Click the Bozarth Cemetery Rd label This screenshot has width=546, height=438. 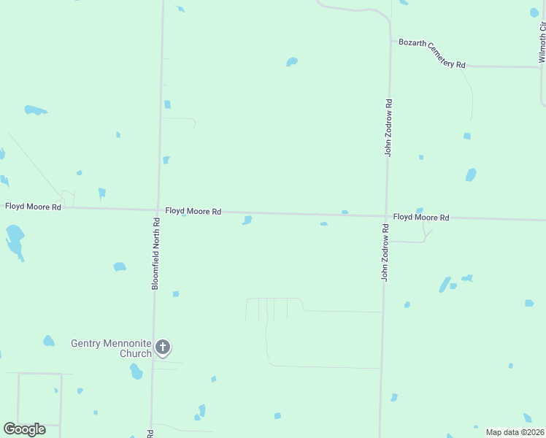[x=431, y=53]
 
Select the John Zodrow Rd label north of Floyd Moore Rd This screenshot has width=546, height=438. [x=389, y=127]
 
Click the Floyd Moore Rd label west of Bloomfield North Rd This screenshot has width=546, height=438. [x=33, y=207]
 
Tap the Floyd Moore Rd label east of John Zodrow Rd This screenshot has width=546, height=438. [x=421, y=218]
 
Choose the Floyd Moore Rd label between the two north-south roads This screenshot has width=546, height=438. [x=193, y=211]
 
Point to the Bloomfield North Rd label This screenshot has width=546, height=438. [x=155, y=253]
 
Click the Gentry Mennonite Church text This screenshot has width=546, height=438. [x=111, y=347]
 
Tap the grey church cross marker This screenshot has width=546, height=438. [x=164, y=347]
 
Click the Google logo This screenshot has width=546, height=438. [x=24, y=429]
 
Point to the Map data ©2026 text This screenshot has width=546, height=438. [x=515, y=432]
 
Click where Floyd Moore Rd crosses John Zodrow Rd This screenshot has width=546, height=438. [x=386, y=215]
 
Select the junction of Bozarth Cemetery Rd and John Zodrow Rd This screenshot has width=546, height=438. [x=390, y=40]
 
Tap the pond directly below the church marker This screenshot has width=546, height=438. [x=136, y=372]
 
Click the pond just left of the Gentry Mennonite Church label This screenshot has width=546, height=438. [x=48, y=341]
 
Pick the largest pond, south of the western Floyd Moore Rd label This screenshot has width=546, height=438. [x=14, y=239]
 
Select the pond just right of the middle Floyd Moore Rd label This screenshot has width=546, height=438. [x=247, y=220]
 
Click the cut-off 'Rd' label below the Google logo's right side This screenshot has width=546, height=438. [x=150, y=434]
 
